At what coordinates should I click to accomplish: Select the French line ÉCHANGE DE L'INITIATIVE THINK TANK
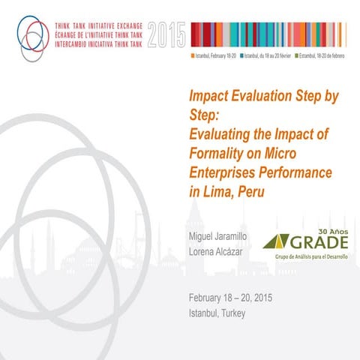[98, 33]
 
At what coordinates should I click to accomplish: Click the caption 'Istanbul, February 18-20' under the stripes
[214, 55]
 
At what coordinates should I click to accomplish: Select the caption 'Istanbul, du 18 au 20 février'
[269, 55]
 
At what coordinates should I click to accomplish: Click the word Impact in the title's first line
[210, 97]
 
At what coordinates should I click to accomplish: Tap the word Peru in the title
[254, 191]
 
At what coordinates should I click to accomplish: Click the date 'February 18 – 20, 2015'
[231, 298]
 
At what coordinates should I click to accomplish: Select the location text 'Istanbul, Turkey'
[217, 313]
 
